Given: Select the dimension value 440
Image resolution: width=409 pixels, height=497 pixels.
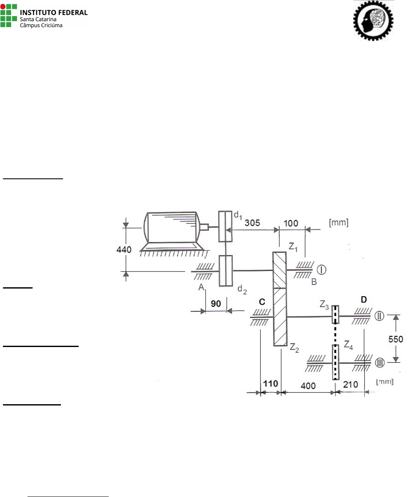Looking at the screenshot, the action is (x=124, y=250).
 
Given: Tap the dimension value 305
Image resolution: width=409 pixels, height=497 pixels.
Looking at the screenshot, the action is (x=252, y=223).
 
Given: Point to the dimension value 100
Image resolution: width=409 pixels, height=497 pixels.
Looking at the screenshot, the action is (x=291, y=223).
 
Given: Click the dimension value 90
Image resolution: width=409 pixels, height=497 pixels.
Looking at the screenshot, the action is (x=216, y=304).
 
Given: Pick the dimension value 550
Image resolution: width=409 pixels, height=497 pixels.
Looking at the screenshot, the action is (x=395, y=339).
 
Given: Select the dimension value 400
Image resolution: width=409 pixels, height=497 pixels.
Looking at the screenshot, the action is (x=308, y=386).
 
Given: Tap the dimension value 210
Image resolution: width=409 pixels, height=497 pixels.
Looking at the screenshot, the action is (x=351, y=384).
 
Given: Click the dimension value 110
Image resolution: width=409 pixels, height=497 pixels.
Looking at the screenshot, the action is (x=270, y=384).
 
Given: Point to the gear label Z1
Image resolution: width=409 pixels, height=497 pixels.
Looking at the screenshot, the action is (x=293, y=247).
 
